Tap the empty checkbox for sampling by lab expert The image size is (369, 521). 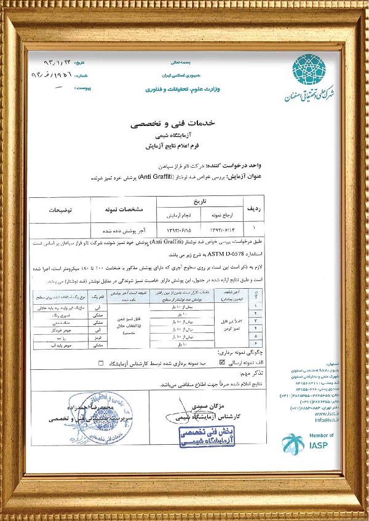100,363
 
